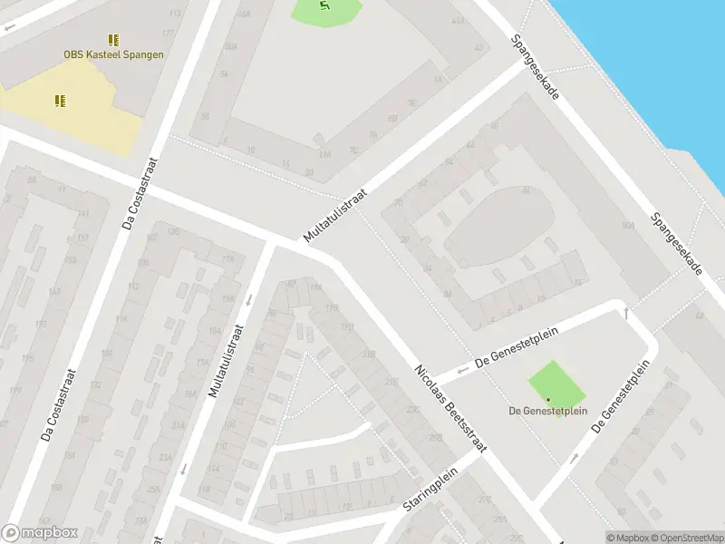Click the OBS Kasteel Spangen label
[113, 54]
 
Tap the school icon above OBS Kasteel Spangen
[113, 40]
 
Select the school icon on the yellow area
[60, 101]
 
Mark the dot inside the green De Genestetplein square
[547, 399]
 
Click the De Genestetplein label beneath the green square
[547, 411]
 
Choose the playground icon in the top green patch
[325, 6]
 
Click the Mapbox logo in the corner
[39, 533]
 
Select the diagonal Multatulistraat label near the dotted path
[335, 216]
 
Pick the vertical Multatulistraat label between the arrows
[227, 361]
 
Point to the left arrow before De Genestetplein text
[461, 368]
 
